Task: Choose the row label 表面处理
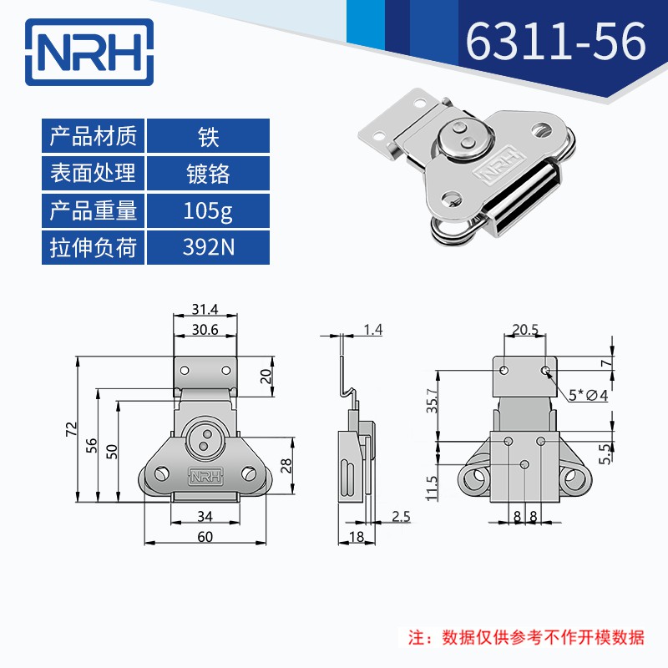(x=93, y=173)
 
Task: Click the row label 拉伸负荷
(x=93, y=248)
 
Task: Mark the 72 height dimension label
(x=72, y=429)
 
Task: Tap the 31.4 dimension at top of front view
(x=204, y=310)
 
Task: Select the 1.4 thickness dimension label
(x=373, y=330)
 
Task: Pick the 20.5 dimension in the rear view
(x=524, y=330)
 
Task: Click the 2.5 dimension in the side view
(x=401, y=518)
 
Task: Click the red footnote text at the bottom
(x=525, y=638)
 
